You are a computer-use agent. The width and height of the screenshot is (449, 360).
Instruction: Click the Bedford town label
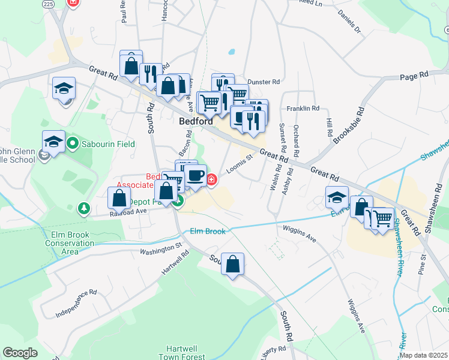pos(195,121)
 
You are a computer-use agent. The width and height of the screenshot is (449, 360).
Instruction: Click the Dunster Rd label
pos(264,82)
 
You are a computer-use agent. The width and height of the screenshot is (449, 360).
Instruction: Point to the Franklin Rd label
pos(303,109)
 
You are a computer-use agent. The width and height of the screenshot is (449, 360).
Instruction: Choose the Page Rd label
pos(414,76)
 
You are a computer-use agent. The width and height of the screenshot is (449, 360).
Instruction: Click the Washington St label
pos(160,247)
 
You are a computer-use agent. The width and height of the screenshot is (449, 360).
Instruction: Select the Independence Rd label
pos(76,304)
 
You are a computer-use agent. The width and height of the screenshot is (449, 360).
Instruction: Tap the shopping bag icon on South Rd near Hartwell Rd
pos(233,263)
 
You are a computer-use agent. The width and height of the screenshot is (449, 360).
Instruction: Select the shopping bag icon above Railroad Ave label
pos(119,197)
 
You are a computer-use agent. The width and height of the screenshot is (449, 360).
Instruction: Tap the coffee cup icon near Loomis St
pos(195,175)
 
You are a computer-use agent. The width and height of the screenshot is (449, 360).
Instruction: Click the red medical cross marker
pos(212,179)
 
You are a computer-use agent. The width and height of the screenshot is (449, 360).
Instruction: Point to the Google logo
pos(20,353)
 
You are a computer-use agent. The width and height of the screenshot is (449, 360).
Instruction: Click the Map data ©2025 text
pos(423,355)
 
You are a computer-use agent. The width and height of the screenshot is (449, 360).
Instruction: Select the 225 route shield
pos(48,3)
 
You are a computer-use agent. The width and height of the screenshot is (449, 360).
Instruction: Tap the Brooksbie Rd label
pos(349,126)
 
